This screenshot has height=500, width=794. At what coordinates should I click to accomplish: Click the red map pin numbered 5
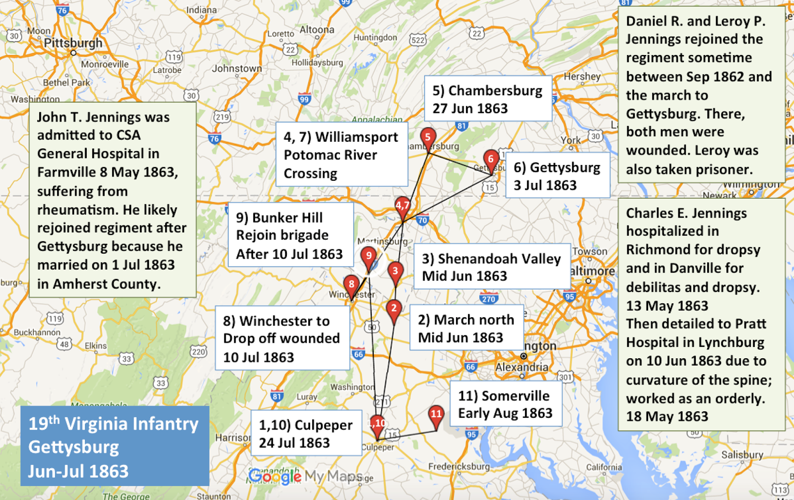click(x=428, y=137)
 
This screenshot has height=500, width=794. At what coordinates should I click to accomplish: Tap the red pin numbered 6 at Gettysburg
click(x=491, y=159)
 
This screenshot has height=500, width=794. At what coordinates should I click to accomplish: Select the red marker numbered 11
click(x=436, y=414)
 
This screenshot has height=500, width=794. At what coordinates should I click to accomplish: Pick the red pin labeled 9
click(x=368, y=256)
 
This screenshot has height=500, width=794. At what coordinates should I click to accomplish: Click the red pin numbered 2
click(x=394, y=308)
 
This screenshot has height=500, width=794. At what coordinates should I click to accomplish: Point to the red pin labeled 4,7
click(x=402, y=205)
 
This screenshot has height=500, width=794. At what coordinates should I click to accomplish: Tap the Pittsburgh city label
click(x=73, y=43)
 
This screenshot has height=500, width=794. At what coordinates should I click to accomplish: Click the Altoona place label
click(x=317, y=30)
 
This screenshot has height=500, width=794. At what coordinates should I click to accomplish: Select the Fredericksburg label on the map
click(x=459, y=467)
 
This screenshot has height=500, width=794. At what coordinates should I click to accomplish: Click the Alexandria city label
click(x=522, y=367)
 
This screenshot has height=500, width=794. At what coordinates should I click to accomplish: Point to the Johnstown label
click(x=237, y=69)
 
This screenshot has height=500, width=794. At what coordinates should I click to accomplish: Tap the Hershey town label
click(x=582, y=77)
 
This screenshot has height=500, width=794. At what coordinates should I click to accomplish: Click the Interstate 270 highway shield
click(x=488, y=299)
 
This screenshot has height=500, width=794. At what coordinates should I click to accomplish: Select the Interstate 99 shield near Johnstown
click(x=304, y=99)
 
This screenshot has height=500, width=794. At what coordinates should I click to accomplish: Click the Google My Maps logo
click(x=305, y=476)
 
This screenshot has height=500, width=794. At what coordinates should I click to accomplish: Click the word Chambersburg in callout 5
click(x=495, y=91)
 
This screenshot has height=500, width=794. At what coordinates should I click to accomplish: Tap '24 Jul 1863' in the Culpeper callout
click(x=294, y=443)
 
